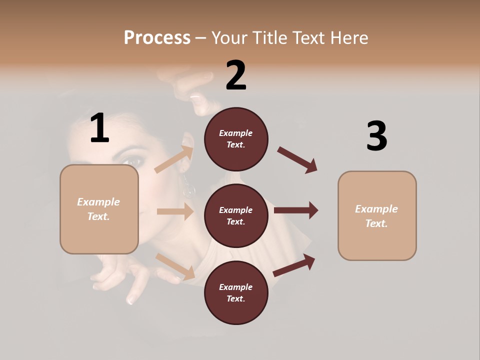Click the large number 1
pos(99,128)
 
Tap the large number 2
pos(236,75)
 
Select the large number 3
pos(376,137)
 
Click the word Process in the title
pos(157,37)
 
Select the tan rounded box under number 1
pos(99,209)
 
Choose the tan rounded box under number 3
pos(377,215)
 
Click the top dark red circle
pos(236,139)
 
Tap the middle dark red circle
pos(236,215)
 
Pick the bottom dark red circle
pos(236,292)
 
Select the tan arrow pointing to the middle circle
pos(175,211)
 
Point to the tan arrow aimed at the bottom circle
pos(175,266)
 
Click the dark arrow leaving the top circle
pos(297,160)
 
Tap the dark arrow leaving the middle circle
pos(295,210)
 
